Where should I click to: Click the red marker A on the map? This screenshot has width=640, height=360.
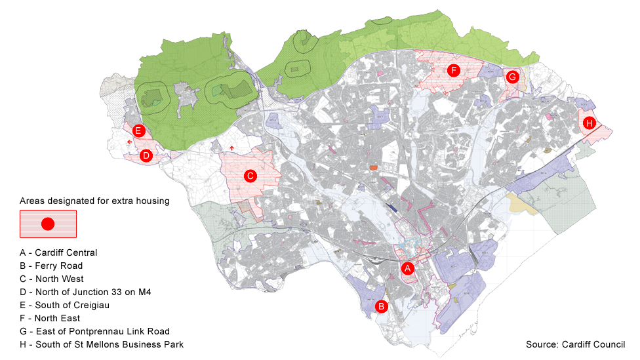pyautogui.click(x=407, y=268)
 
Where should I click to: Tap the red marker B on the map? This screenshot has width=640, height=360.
pyautogui.click(x=381, y=306)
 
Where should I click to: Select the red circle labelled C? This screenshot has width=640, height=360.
pyautogui.click(x=249, y=176)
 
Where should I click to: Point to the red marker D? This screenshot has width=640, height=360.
pyautogui.click(x=146, y=155)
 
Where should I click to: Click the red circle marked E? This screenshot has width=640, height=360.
pyautogui.click(x=138, y=130)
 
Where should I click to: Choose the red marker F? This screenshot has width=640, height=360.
pyautogui.click(x=452, y=70)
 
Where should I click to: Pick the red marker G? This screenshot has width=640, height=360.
pyautogui.click(x=513, y=77)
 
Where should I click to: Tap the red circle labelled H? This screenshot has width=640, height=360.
pyautogui.click(x=589, y=123)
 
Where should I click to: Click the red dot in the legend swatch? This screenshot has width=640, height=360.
pyautogui.click(x=47, y=224)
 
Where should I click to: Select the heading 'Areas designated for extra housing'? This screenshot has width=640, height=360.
pyautogui.click(x=94, y=201)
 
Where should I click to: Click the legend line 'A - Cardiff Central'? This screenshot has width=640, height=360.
pyautogui.click(x=58, y=252)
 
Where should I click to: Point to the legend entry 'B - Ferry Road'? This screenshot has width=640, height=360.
pyautogui.click(x=51, y=266)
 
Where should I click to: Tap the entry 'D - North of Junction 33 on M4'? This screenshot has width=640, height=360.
pyautogui.click(x=85, y=292)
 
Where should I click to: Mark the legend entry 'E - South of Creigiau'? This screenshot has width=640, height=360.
pyautogui.click(x=66, y=305)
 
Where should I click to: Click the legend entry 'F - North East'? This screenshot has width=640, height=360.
pyautogui.click(x=50, y=318)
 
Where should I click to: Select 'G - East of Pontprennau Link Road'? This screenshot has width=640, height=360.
pyautogui.click(x=94, y=331)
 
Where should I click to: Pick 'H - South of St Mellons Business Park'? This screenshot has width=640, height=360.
pyautogui.click(x=102, y=344)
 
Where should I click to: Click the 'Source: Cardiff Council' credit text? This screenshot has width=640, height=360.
pyautogui.click(x=575, y=344)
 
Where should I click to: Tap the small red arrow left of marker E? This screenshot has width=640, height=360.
pyautogui.click(x=129, y=141)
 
